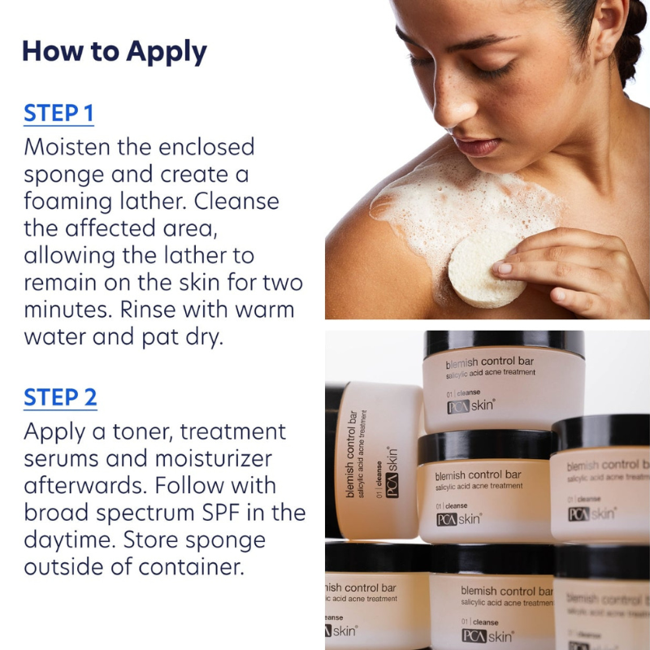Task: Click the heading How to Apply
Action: [114, 51]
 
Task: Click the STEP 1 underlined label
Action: [58, 113]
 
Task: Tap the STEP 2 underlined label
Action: [60, 397]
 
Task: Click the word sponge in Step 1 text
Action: [65, 174]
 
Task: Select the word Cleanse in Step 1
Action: [236, 201]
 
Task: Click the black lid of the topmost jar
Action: [504, 342]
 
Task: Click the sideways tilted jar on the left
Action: [375, 459]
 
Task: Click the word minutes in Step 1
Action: [71, 310]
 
